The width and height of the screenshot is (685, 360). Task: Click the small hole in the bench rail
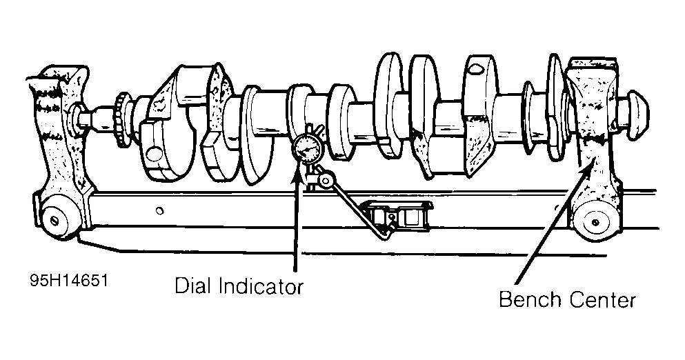coord(159,210)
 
